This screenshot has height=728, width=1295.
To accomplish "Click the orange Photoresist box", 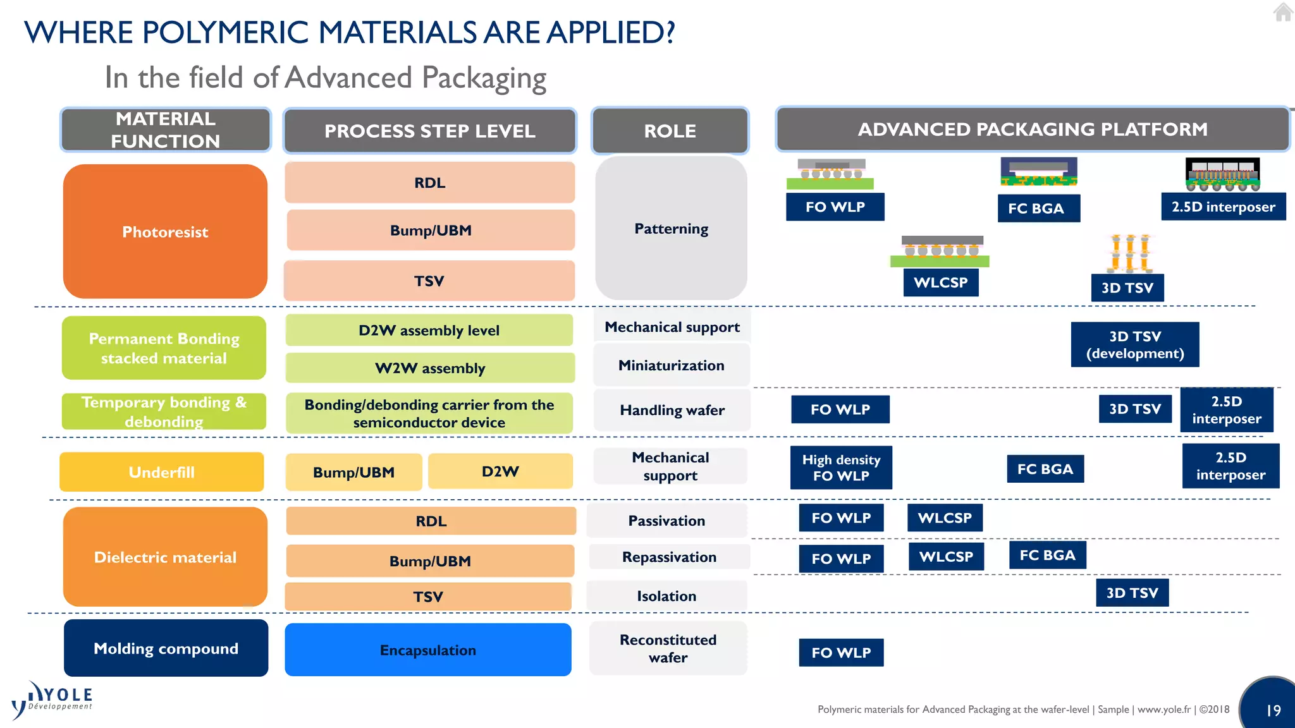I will (165, 231).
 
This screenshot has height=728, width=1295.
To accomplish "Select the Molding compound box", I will (166, 648).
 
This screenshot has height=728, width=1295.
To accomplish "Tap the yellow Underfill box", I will (161, 472).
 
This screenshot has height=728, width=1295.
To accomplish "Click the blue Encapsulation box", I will (428, 650).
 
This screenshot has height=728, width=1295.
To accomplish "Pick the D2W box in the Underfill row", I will (500, 471).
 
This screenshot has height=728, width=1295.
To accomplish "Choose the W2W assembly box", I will (430, 368).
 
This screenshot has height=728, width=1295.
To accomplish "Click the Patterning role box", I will (671, 229).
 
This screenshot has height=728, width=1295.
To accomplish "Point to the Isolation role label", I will (666, 596).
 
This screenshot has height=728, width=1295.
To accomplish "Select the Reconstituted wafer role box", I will (668, 648).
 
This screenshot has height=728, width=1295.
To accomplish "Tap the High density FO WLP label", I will (841, 468).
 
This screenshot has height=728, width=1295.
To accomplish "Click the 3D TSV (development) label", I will (1134, 344).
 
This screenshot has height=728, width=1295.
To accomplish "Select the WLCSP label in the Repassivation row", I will (946, 557).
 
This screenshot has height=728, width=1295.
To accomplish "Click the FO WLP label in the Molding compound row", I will (841, 653).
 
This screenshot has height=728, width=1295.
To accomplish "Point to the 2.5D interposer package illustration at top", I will (1222, 174).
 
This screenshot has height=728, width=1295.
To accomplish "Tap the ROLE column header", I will (670, 131).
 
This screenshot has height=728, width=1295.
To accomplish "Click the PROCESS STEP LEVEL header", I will (430, 131).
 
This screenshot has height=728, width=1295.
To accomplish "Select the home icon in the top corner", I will (1282, 12).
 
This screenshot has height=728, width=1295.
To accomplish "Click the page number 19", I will (1273, 710).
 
